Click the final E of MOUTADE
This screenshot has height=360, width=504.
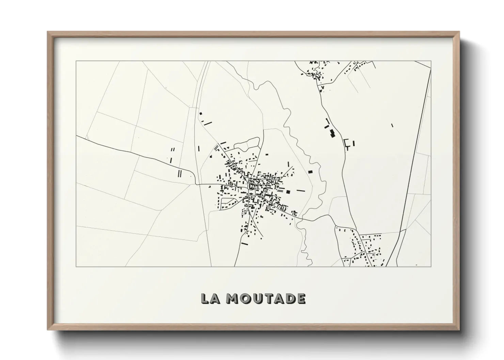tap(301, 298)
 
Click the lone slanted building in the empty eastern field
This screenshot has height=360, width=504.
tap(392, 125)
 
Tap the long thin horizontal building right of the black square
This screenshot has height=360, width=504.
tap(301, 191)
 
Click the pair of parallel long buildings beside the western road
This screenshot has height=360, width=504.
tap(179, 174)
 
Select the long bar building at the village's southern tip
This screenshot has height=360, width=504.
tap(244, 244)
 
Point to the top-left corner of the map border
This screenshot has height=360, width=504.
tap(76, 61)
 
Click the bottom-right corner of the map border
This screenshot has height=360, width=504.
tap(431, 266)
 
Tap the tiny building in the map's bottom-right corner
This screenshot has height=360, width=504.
tap(416, 265)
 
